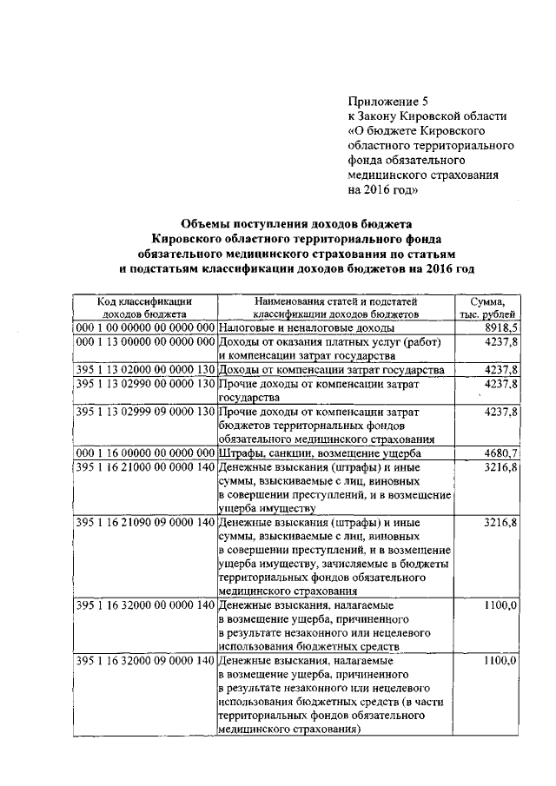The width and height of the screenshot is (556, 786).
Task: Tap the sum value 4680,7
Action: (x=501, y=452)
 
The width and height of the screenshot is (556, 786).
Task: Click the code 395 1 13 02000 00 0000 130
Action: (x=144, y=369)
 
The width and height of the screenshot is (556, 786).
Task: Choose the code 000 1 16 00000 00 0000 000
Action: (x=144, y=452)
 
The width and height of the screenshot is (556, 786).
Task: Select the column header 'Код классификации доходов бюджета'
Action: (x=144, y=307)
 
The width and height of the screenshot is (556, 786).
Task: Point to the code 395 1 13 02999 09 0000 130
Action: (x=144, y=411)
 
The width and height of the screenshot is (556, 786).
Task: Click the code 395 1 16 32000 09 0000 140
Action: (x=144, y=661)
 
